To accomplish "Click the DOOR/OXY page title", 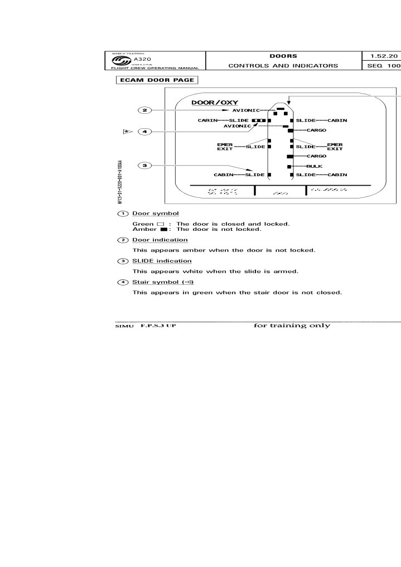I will click(207, 103).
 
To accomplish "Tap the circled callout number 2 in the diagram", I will click(144, 110).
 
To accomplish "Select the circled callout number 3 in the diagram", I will click(144, 166).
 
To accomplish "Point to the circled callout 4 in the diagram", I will click(144, 132).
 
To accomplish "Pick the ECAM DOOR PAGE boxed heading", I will click(157, 80).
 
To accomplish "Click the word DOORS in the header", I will click(283, 56).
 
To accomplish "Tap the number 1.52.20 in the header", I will click(381, 56).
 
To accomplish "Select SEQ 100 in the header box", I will click(381, 66).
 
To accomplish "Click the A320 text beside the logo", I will click(143, 59).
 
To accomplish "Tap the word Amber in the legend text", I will click(142, 229).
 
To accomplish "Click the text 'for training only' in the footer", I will click(292, 326).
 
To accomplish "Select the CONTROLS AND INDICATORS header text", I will click(283, 66).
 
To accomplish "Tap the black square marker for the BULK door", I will click(289, 167).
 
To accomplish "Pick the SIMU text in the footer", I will click(121, 326).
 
